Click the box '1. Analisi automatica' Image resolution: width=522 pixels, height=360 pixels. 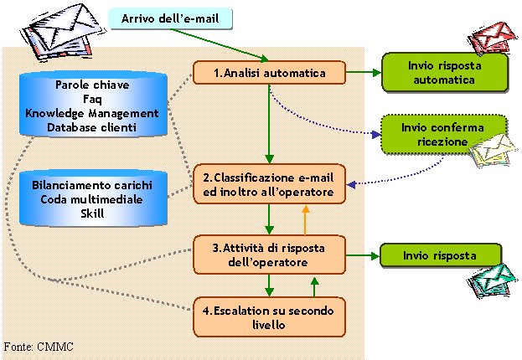click(269, 73)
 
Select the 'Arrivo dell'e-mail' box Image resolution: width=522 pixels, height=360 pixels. click(171, 18)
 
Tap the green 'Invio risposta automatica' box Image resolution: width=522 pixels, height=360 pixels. click(444, 72)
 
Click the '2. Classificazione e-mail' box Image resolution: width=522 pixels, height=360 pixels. click(269, 185)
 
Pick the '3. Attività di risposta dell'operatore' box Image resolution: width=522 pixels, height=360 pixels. click(269, 255)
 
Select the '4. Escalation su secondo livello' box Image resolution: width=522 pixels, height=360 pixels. click(269, 316)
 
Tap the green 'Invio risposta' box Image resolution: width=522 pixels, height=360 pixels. click(441, 255)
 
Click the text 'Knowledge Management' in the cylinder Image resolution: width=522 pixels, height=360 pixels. click(92, 112)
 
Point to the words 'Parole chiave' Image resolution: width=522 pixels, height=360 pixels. click(92, 85)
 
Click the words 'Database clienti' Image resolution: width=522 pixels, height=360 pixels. click(92, 126)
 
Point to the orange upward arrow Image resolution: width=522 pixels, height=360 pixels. click(305, 220)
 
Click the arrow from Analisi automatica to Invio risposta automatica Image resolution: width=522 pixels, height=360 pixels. click(363, 73)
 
